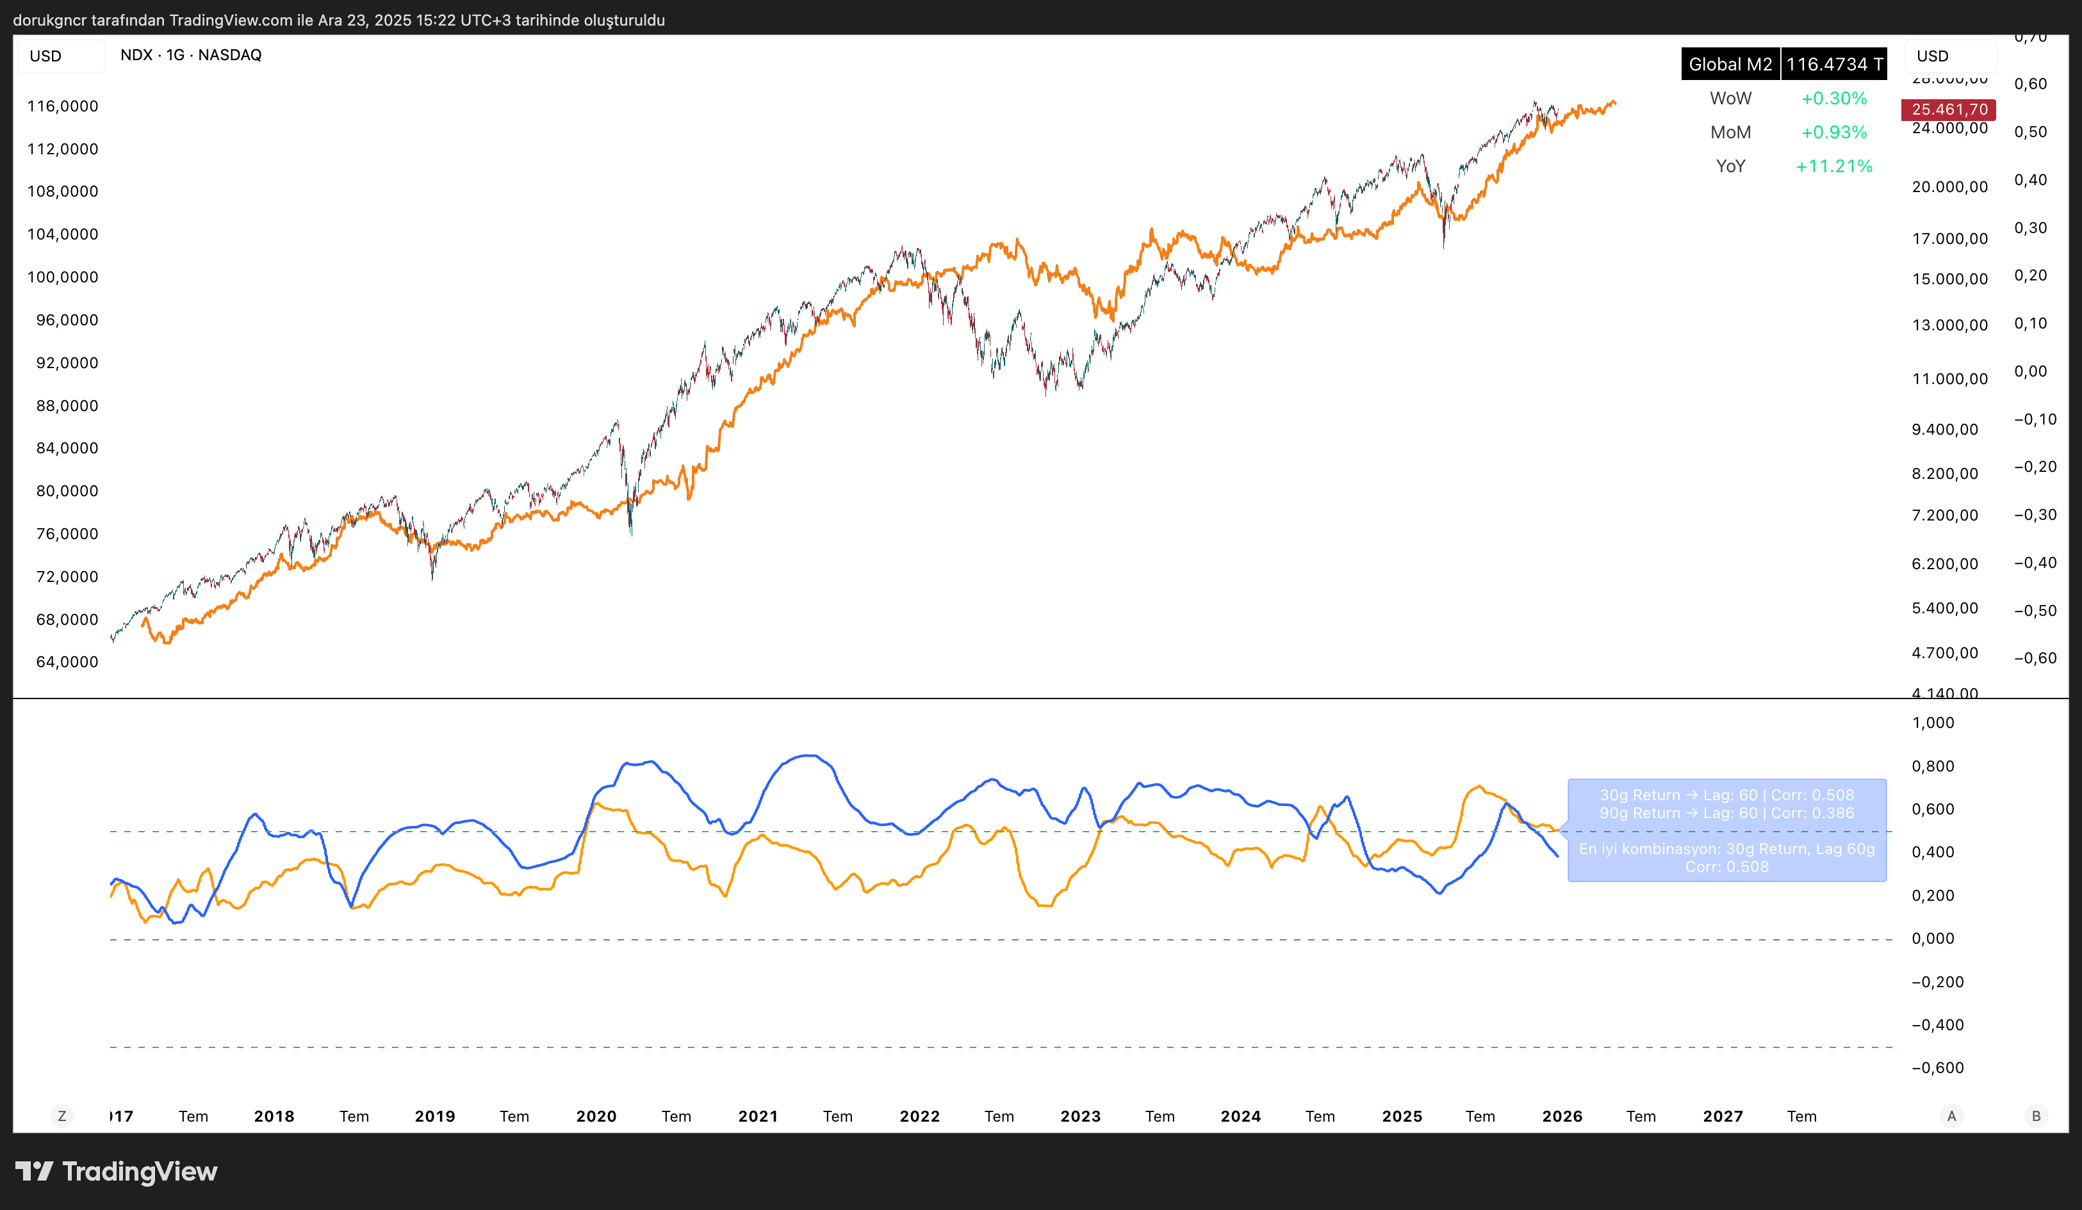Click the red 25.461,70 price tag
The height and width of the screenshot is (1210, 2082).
(x=1948, y=109)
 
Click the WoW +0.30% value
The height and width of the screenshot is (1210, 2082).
(x=1833, y=99)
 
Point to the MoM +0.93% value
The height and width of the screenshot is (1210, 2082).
(x=1833, y=132)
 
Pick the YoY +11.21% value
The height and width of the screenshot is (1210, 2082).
(x=1833, y=166)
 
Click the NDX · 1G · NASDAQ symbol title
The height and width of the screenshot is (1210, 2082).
(x=191, y=55)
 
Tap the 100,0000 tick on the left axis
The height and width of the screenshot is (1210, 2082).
(x=63, y=277)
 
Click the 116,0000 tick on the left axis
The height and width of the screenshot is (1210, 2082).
(x=63, y=106)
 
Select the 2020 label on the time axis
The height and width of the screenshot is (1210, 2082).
(x=596, y=1116)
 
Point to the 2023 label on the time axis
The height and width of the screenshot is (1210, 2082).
(x=1080, y=1116)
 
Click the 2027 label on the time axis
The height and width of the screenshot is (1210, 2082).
(x=1723, y=1116)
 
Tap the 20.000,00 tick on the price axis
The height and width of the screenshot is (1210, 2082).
(x=1949, y=187)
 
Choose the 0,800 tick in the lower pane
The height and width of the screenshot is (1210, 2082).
(x=1933, y=766)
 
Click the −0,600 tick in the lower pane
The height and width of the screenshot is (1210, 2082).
(x=1937, y=1067)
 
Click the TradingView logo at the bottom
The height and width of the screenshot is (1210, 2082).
(x=117, y=1171)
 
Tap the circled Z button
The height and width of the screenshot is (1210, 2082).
(x=62, y=1116)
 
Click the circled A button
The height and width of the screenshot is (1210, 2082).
(x=1951, y=1116)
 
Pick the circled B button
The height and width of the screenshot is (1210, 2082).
(x=2036, y=1116)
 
